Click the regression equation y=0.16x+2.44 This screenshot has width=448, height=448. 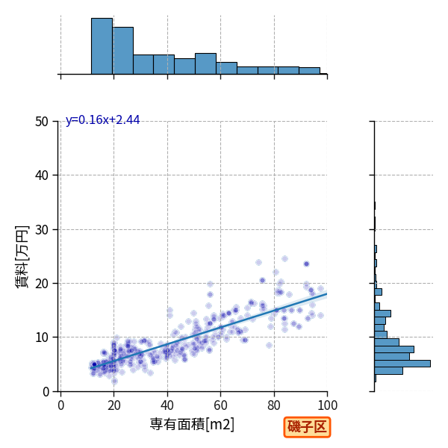102,120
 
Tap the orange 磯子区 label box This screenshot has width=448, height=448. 307,427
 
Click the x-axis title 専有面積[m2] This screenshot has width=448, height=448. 192,424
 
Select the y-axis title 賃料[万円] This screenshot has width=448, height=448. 22,257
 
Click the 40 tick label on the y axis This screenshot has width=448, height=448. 42,175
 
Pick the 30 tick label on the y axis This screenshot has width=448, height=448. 42,229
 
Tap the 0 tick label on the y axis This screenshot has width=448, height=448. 46,392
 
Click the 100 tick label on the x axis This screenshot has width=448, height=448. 327,405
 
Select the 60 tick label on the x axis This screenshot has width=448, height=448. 220,405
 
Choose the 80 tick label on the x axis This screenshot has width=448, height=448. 274,405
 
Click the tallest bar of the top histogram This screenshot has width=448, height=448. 102,46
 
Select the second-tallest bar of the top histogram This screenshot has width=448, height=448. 123,51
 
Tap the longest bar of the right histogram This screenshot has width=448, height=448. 402,364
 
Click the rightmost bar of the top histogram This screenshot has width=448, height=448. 323,74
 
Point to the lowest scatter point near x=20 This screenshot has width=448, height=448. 114,381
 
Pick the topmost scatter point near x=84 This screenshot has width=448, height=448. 284,259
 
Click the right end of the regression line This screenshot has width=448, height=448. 327,293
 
